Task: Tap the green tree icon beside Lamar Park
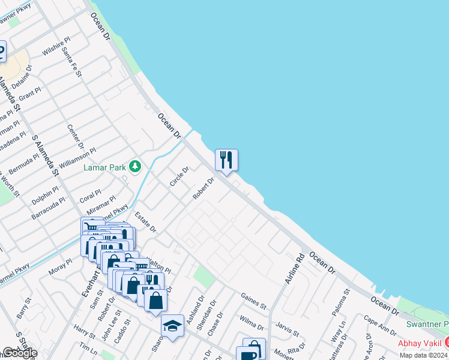[x=136, y=166]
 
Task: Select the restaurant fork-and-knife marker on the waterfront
[x=226, y=160]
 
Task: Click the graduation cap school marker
[x=172, y=326]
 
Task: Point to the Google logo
[x=19, y=353]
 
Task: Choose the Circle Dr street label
[x=179, y=176]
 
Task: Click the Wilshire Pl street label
[x=56, y=46]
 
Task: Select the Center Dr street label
[x=76, y=137]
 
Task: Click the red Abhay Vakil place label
[x=420, y=343]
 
